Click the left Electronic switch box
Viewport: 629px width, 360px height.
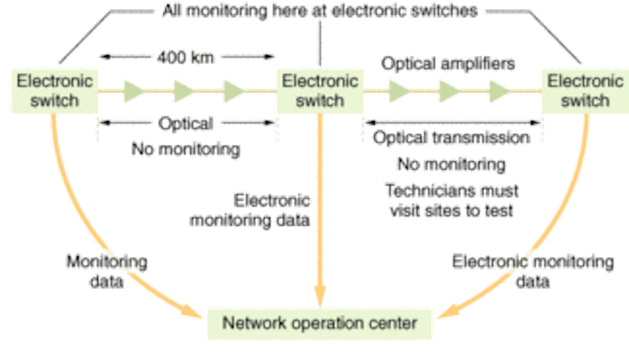pyautogui.click(x=55, y=91)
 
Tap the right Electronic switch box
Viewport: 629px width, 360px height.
pyautogui.click(x=585, y=91)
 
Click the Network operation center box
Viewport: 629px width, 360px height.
pyautogui.click(x=319, y=324)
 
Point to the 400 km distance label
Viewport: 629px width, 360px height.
pyautogui.click(x=187, y=57)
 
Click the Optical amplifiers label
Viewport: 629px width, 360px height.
pyautogui.click(x=449, y=64)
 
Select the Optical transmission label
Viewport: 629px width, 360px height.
pyautogui.click(x=451, y=138)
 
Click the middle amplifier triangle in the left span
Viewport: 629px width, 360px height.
pyautogui.click(x=183, y=91)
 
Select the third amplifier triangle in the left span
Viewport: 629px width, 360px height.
pyautogui.click(x=233, y=91)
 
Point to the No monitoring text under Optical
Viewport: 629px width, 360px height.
pyautogui.click(x=186, y=150)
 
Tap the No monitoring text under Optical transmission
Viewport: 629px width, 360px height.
pyautogui.click(x=452, y=165)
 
